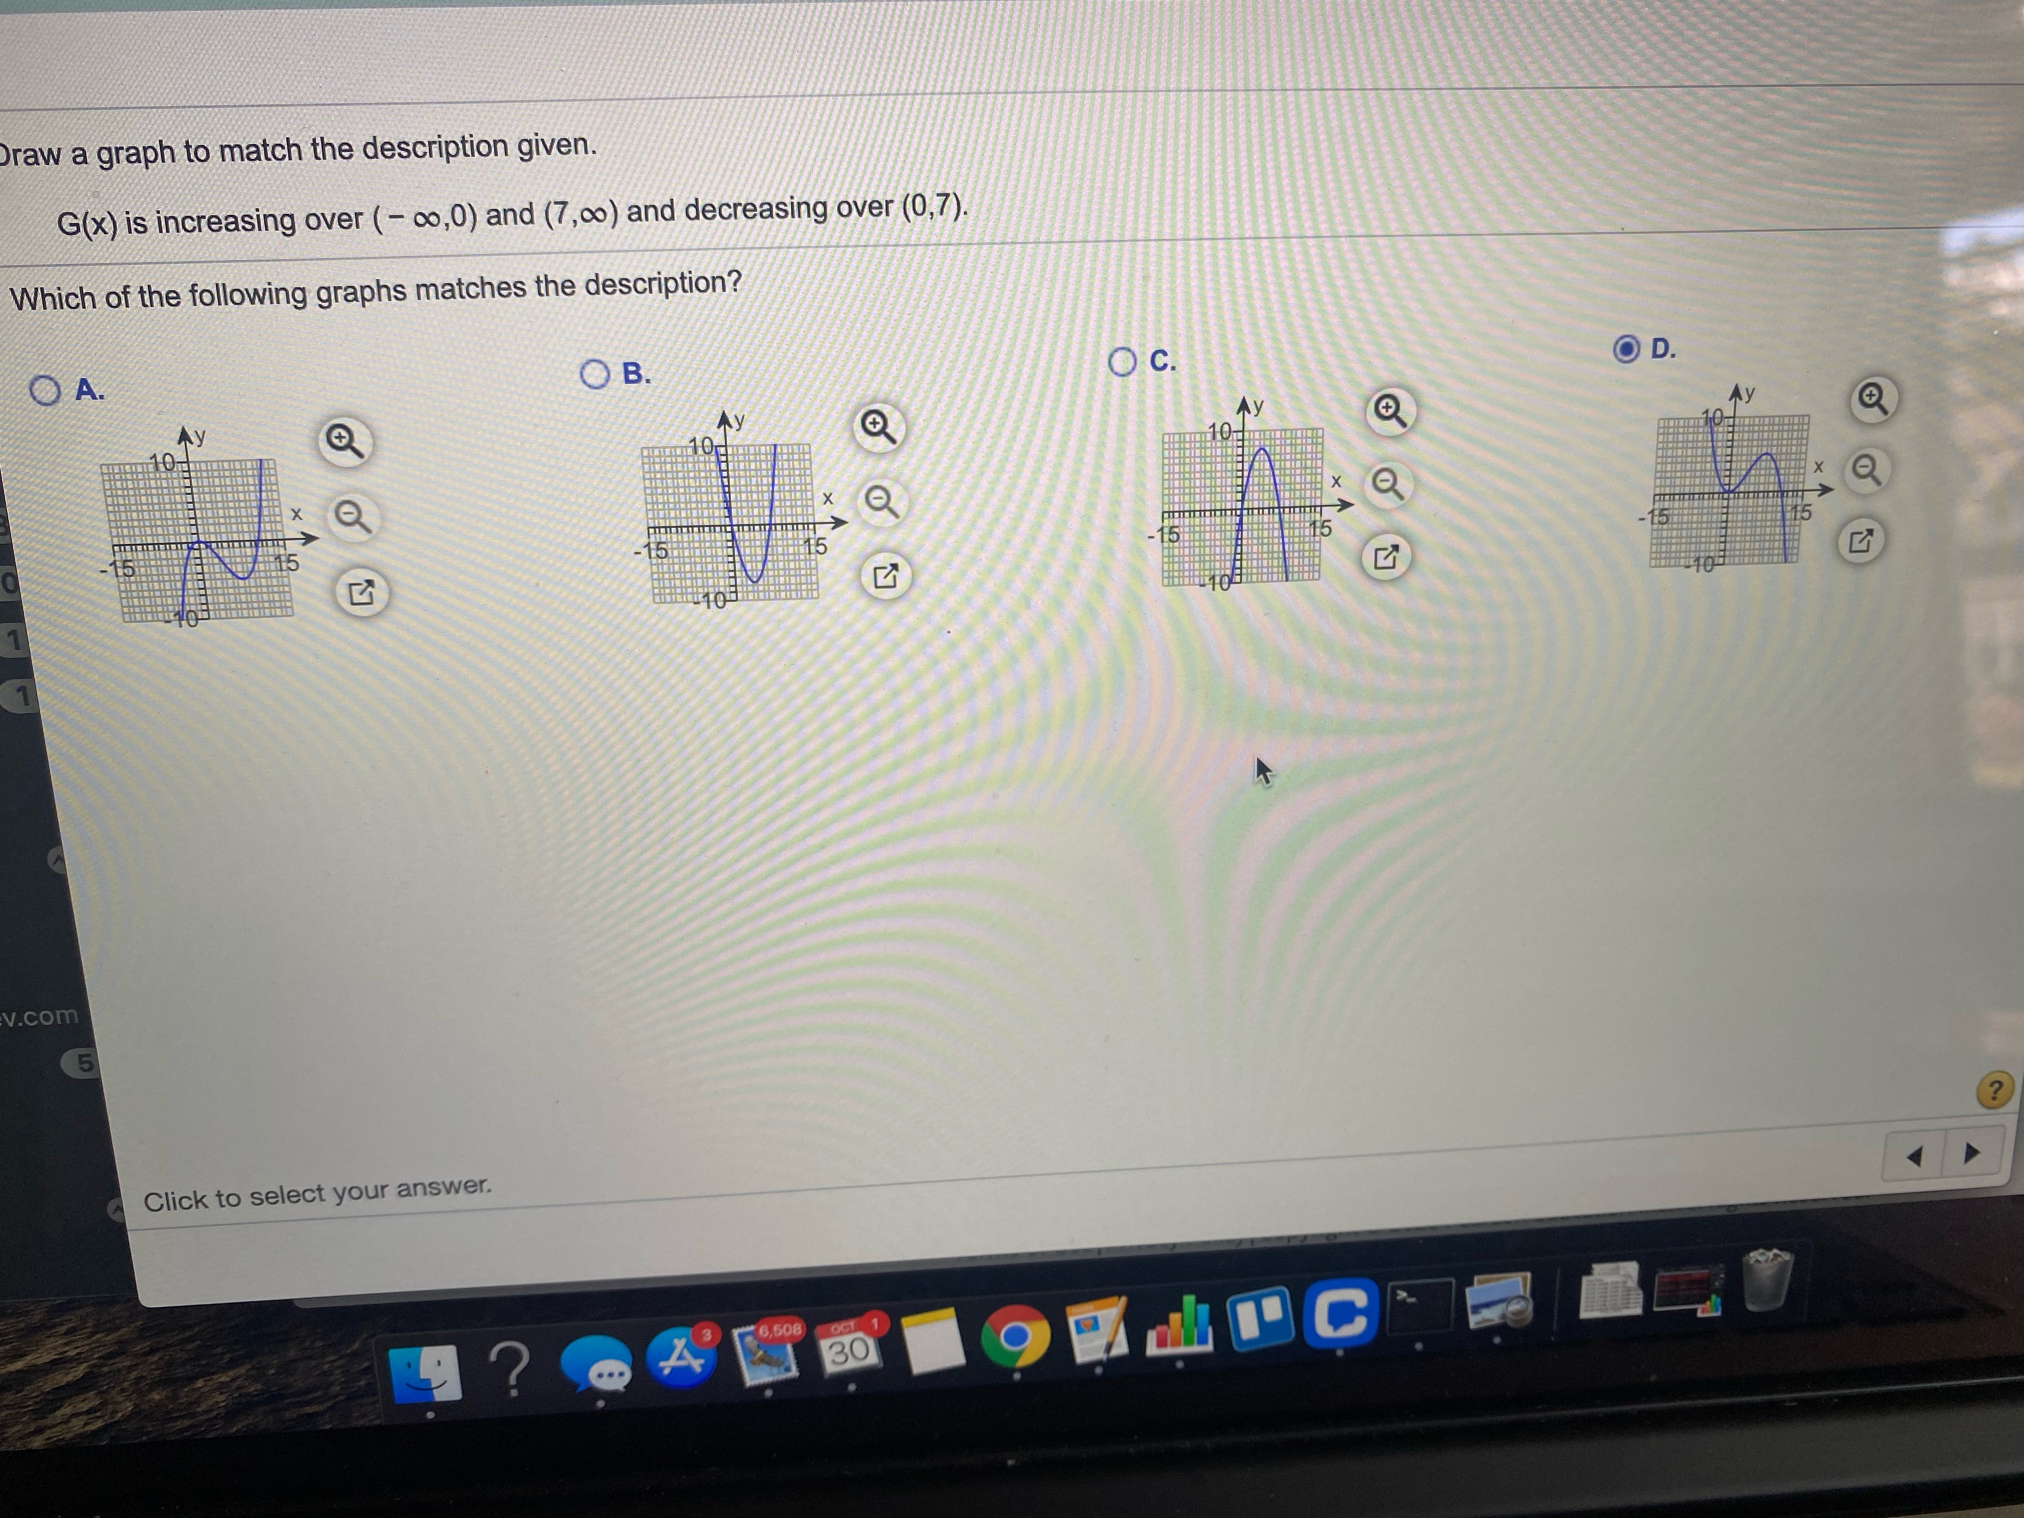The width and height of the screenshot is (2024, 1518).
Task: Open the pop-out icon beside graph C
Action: pos(1386,557)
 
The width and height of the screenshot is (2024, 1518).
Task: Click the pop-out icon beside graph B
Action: pos(885,576)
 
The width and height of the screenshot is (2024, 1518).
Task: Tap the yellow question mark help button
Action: pos(1995,1091)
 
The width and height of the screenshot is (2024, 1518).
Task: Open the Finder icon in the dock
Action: pos(426,1372)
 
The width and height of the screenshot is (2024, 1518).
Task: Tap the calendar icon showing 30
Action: pos(848,1345)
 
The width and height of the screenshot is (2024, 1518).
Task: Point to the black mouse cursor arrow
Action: pos(1262,771)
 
